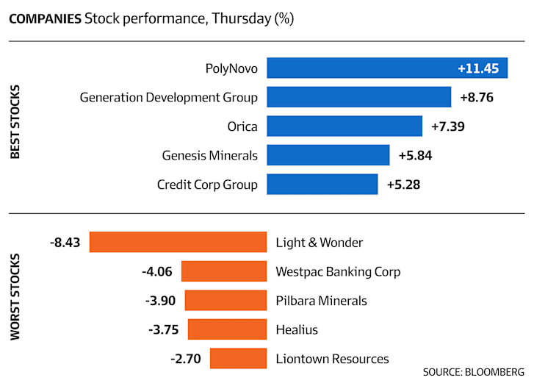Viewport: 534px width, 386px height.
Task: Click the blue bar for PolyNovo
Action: (x=387, y=68)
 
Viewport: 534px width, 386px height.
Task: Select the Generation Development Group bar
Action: (x=359, y=97)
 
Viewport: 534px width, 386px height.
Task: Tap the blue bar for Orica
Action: (x=344, y=126)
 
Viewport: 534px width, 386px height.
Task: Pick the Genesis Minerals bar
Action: (x=328, y=155)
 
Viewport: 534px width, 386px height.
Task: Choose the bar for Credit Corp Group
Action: (x=322, y=184)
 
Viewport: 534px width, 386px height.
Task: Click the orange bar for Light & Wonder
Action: (x=178, y=242)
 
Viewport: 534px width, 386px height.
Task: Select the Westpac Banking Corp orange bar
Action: (x=224, y=271)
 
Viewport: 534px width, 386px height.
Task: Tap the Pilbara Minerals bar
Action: (x=225, y=300)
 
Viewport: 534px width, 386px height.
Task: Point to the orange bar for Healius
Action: (x=227, y=329)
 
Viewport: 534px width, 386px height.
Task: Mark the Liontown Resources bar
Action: (x=239, y=358)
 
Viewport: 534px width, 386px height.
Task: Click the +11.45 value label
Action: (x=478, y=68)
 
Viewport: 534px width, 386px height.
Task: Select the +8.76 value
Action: (x=477, y=98)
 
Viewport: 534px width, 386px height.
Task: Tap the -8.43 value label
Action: (x=65, y=243)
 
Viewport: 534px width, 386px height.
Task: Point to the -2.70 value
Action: (x=186, y=359)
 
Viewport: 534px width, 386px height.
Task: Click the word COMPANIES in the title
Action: (x=46, y=19)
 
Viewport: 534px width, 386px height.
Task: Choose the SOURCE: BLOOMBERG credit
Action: (x=474, y=372)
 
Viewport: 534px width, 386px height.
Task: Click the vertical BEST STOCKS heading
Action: (x=15, y=122)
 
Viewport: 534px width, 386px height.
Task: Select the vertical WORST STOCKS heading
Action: (x=15, y=296)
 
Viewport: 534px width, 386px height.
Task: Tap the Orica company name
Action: (x=242, y=126)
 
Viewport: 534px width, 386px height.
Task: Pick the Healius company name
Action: (x=297, y=329)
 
